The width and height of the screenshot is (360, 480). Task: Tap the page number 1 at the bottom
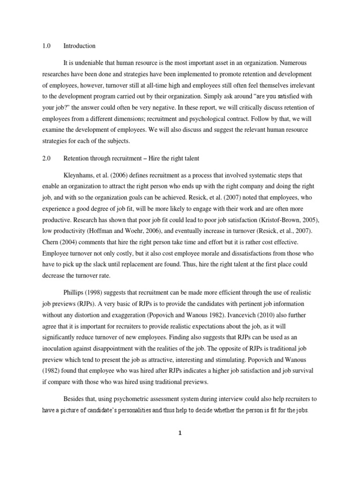180,433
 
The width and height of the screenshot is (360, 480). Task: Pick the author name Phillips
75,292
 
